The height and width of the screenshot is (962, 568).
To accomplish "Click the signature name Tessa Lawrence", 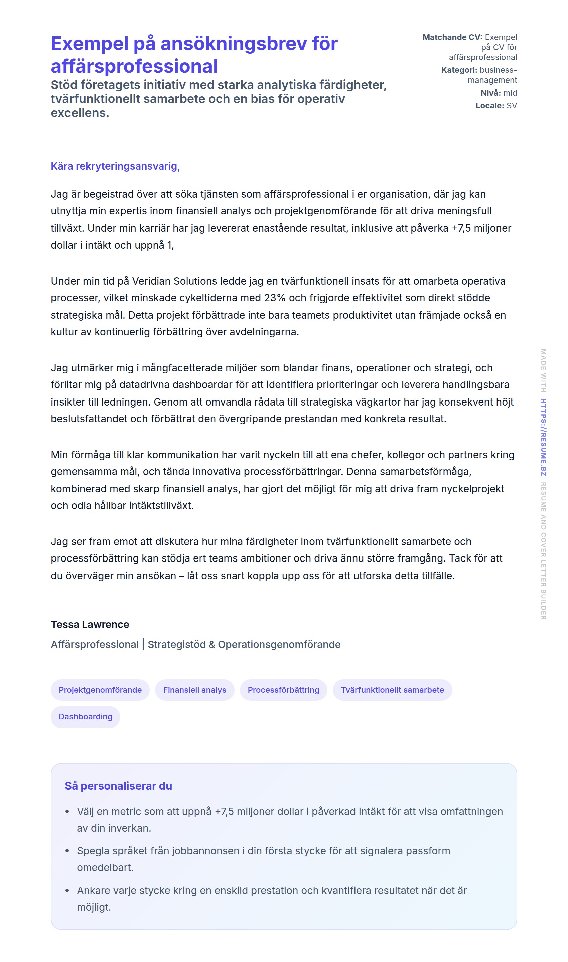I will click(90, 625).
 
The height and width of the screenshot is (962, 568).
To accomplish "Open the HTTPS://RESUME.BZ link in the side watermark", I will click(544, 437).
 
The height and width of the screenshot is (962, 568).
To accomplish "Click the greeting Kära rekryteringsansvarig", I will click(115, 166).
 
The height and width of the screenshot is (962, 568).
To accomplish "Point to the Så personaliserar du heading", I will click(118, 786).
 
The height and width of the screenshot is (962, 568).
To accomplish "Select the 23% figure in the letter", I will click(275, 298).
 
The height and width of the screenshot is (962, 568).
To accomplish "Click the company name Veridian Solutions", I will click(174, 281).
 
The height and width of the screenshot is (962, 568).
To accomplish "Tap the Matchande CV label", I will click(452, 37).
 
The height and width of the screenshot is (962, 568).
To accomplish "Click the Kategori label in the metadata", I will click(459, 70).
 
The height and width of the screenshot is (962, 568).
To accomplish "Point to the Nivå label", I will click(490, 93).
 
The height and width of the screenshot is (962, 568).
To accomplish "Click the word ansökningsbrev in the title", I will click(234, 44).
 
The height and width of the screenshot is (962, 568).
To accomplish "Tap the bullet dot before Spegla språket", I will click(67, 851).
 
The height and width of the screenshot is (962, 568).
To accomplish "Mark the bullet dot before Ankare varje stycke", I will click(67, 891).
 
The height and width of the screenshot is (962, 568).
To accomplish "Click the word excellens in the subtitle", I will click(80, 113).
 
